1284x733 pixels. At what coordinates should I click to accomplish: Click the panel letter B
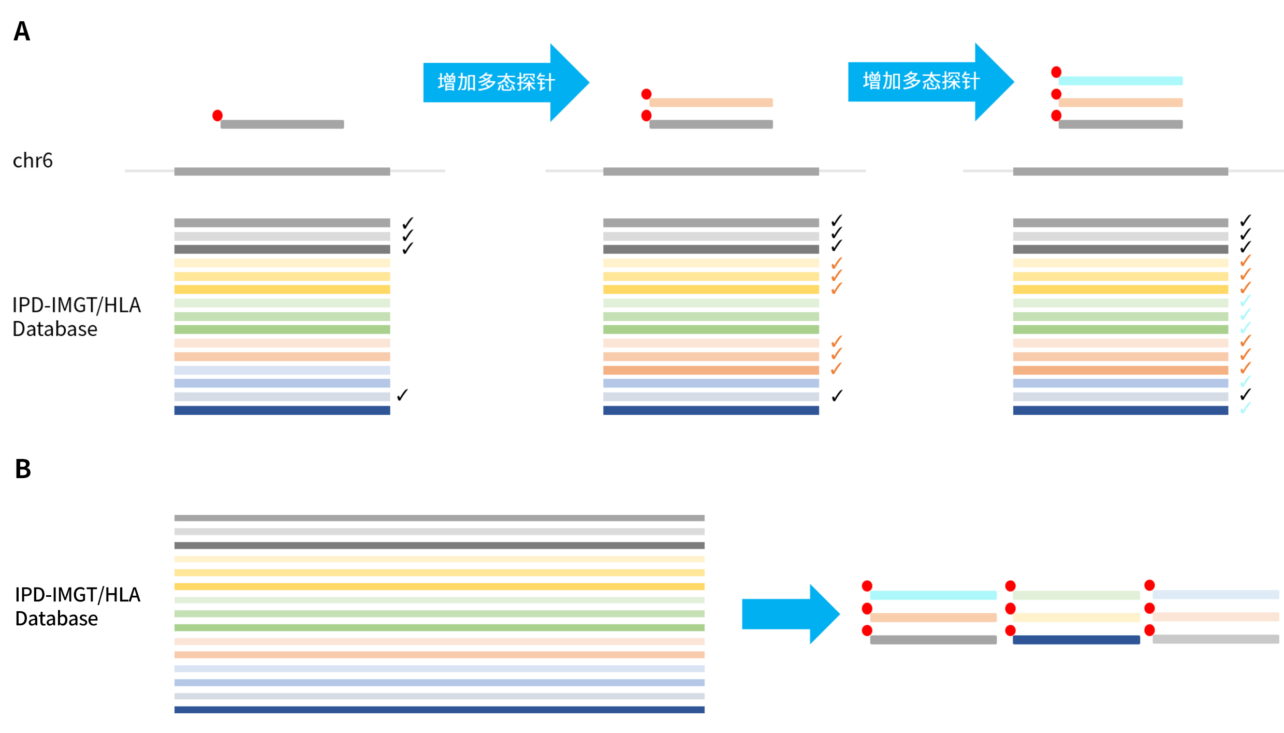click(x=23, y=469)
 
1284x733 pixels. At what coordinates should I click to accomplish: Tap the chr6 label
click(x=33, y=161)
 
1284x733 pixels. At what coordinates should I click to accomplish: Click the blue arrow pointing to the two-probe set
click(x=505, y=82)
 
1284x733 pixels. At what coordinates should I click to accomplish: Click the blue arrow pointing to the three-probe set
click(x=929, y=81)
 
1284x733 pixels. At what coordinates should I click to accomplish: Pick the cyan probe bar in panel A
click(x=1120, y=81)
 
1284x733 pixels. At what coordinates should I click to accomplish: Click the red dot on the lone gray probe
click(x=217, y=115)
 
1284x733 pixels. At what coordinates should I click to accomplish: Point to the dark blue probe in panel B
click(x=1076, y=640)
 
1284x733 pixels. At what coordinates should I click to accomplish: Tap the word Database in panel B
click(x=56, y=619)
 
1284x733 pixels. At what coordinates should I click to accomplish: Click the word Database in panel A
click(x=55, y=329)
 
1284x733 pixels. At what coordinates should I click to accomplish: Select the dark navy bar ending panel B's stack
click(x=439, y=710)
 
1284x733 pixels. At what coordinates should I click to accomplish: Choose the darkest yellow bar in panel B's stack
click(x=439, y=586)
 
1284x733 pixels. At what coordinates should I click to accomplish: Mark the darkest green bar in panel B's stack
click(x=439, y=627)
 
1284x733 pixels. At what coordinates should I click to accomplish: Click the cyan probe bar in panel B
click(x=933, y=595)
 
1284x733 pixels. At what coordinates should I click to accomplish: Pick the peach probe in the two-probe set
click(x=711, y=103)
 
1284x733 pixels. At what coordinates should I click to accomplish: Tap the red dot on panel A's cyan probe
click(x=1056, y=71)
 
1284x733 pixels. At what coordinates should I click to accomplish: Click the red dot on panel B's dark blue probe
click(x=1010, y=630)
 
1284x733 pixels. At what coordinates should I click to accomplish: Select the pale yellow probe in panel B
click(x=1076, y=617)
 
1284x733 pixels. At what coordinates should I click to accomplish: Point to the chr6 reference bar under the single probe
click(x=282, y=171)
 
